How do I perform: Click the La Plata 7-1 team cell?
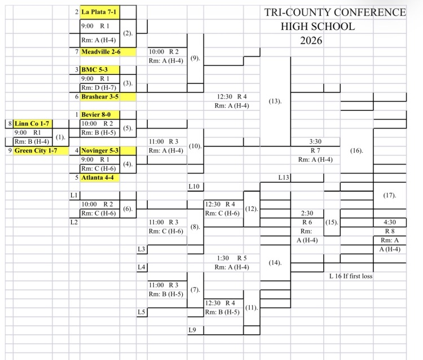point(99,11)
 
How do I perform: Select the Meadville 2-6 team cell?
point(100,51)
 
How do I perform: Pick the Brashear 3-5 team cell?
point(100,96)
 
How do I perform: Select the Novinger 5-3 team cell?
point(100,150)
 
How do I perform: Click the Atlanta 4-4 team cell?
point(100,177)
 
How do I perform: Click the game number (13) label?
point(275,101)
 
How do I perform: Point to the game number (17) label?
point(389,195)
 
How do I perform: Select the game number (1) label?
point(60,137)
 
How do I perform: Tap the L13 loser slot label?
point(284,177)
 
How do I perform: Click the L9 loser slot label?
point(192,330)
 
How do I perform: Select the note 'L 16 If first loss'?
point(351,276)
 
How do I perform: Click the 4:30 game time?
point(390,222)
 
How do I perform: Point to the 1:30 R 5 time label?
point(231,258)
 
